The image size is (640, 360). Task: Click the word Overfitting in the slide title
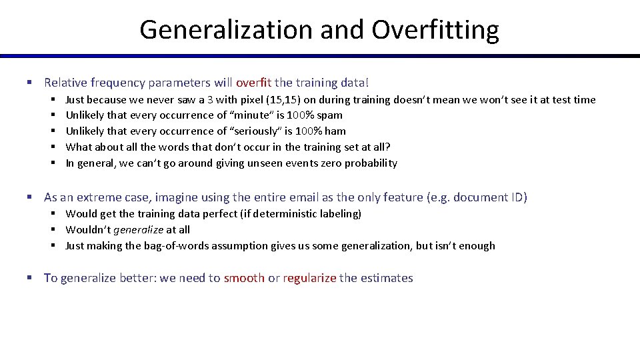435,29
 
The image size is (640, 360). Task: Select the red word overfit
254,83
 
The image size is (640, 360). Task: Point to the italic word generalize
138,230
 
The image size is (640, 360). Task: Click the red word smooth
244,278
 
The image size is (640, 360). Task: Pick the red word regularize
309,278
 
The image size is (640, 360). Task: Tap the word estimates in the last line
387,278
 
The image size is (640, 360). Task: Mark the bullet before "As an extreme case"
29,197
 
